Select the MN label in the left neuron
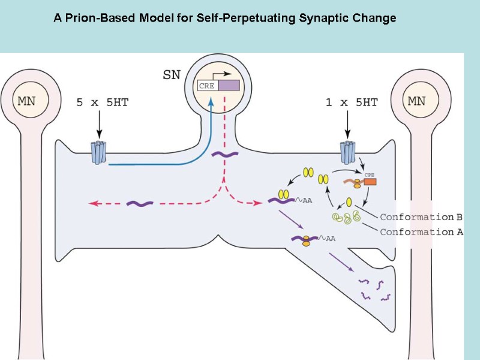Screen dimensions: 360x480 point(26,100)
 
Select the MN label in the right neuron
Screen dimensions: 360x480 point(417,100)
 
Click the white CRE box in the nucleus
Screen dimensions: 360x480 point(208,86)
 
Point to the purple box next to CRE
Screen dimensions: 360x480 point(229,86)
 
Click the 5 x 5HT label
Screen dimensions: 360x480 point(102,103)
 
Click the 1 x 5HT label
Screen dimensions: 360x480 point(352,103)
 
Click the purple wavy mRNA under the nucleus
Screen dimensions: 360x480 point(223,154)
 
